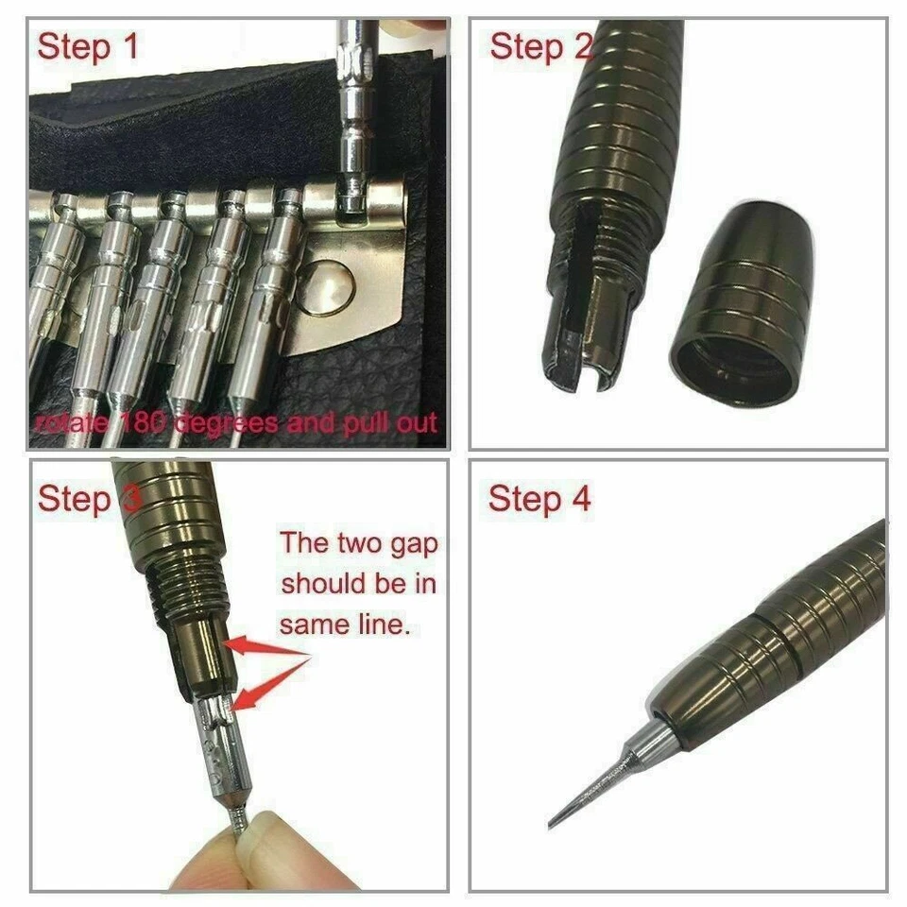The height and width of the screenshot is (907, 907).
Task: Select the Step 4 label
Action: (539, 499)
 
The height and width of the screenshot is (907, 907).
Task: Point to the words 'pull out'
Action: (383, 421)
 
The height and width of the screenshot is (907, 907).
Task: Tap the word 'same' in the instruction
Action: (313, 625)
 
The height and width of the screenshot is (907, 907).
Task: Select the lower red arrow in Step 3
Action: (269, 685)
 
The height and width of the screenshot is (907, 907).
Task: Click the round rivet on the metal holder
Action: (326, 288)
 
